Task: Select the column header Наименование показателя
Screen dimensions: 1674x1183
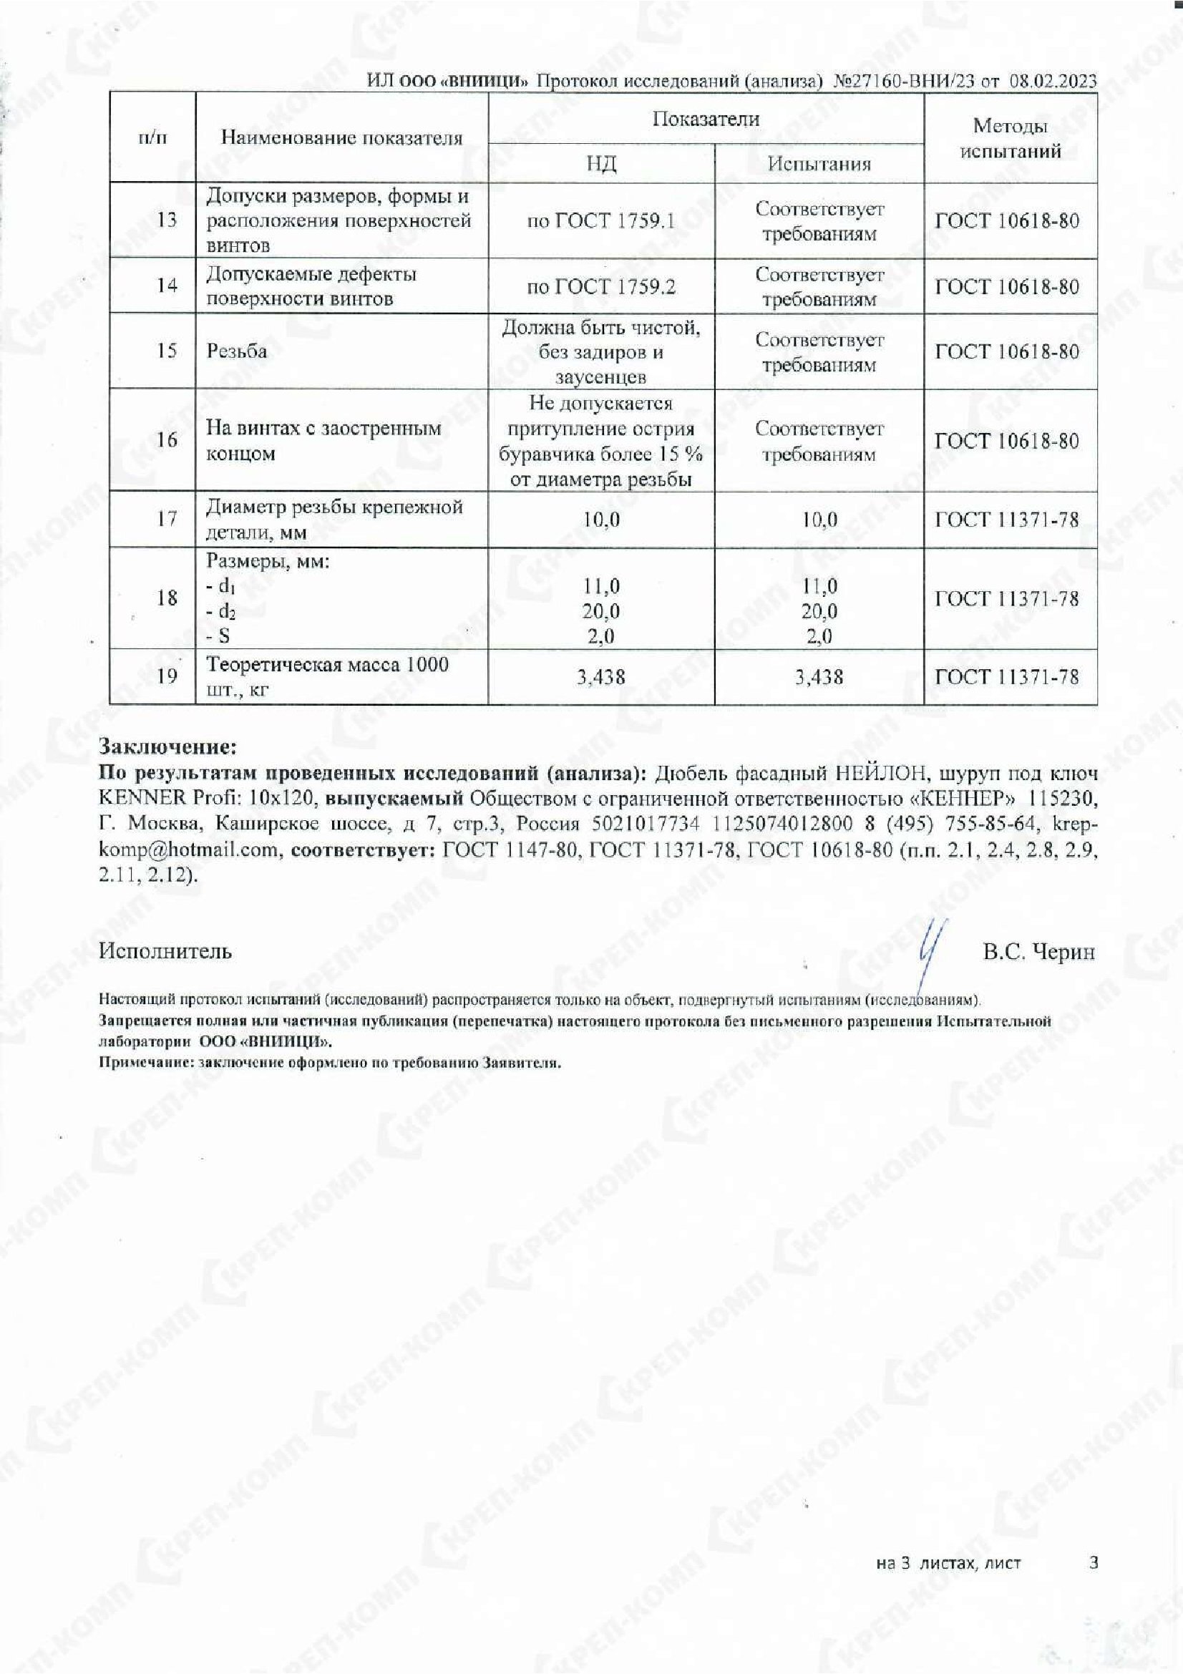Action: [341, 138]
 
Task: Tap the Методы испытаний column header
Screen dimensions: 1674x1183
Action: [1011, 139]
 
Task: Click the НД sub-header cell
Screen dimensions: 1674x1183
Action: [601, 163]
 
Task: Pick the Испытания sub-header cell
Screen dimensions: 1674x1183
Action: [819, 163]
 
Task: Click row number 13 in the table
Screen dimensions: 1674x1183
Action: [167, 220]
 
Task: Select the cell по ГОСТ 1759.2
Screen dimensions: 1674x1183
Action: [601, 286]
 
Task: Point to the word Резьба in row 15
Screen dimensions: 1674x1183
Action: [237, 351]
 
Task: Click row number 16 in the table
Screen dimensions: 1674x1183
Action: [167, 439]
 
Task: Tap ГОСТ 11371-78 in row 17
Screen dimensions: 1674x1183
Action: [1007, 519]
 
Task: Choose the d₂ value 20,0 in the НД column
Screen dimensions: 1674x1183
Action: [601, 611]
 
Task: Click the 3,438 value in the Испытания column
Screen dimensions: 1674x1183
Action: [819, 676]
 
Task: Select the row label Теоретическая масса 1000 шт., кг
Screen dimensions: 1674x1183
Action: [327, 676]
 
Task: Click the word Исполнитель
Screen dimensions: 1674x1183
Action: [165, 950]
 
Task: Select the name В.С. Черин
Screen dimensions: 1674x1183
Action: [1038, 952]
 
